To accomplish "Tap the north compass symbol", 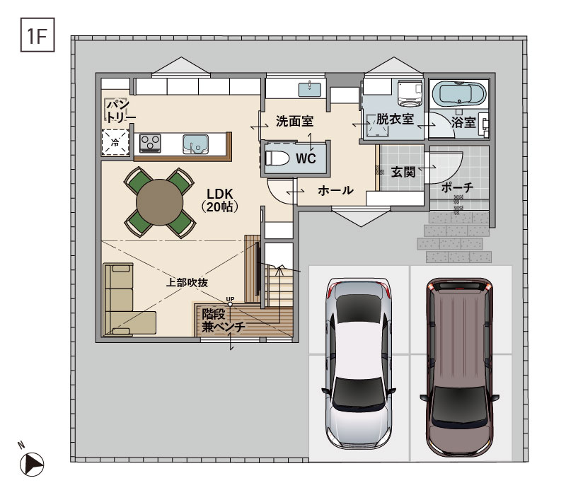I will pyautogui.click(x=31, y=464).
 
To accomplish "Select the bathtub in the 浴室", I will pyautogui.click(x=458, y=93).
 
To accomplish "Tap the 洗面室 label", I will pyautogui.click(x=294, y=122).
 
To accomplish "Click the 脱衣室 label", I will pyautogui.click(x=395, y=120).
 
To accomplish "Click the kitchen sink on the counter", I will pyautogui.click(x=196, y=144).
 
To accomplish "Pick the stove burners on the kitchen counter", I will pyautogui.click(x=151, y=144).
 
